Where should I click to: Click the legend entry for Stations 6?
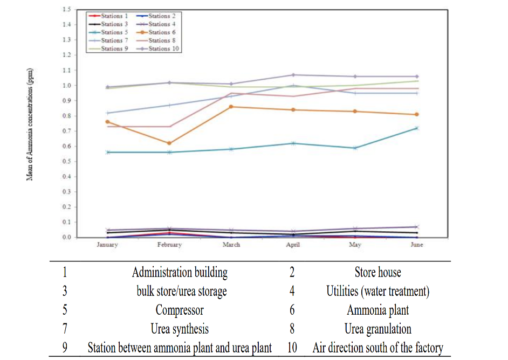(159, 32)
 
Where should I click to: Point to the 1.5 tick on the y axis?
(67, 10)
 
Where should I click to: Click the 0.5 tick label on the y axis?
(67, 161)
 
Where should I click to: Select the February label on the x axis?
(169, 245)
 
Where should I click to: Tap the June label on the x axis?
(416, 245)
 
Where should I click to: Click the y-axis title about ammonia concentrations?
(30, 124)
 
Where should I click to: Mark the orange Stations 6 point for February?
(169, 143)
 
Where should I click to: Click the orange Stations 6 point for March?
(231, 107)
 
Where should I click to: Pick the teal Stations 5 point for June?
(416, 128)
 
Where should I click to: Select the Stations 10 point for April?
(293, 75)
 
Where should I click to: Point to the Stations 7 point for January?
(108, 113)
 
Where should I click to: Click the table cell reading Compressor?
(180, 310)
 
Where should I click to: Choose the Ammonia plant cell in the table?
(377, 310)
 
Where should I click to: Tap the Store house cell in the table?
(377, 273)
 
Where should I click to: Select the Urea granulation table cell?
(377, 329)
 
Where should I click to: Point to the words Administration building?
(180, 273)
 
